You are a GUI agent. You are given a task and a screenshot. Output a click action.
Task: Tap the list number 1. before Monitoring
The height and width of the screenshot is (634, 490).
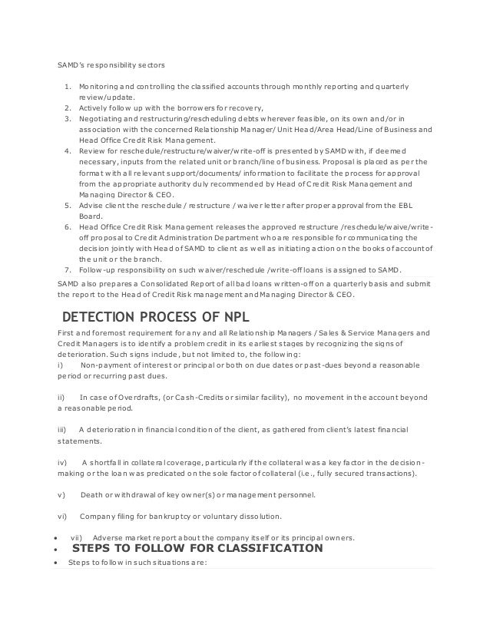point(68,85)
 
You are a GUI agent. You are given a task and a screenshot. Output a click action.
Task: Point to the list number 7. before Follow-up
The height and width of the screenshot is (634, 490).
point(68,268)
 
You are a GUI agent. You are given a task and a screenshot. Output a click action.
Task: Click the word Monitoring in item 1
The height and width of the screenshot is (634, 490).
point(98,85)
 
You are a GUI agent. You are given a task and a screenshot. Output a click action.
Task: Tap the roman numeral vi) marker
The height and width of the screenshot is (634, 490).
point(63,515)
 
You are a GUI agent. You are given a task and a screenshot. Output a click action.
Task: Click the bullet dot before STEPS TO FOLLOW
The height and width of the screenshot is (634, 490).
point(58,551)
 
